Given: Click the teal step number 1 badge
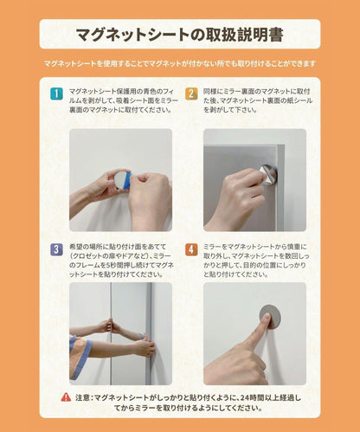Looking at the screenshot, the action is coord(56,93).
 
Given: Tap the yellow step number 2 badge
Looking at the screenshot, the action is coord(191,93).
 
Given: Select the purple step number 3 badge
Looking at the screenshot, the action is coord(56,249).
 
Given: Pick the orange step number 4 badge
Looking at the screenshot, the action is coord(191,249).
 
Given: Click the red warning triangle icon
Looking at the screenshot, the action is coord(66,397).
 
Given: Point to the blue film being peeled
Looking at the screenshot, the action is coord(127,180).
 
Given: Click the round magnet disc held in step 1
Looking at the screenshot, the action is coord(120,179).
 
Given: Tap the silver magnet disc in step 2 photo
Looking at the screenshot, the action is coord(268,173).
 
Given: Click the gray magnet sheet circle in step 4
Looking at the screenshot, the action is coord(270,317).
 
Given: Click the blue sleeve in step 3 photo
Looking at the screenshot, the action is coord(80,357).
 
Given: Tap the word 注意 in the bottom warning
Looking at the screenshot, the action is coord(82,397).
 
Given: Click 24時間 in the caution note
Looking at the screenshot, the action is coord(250,397).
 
